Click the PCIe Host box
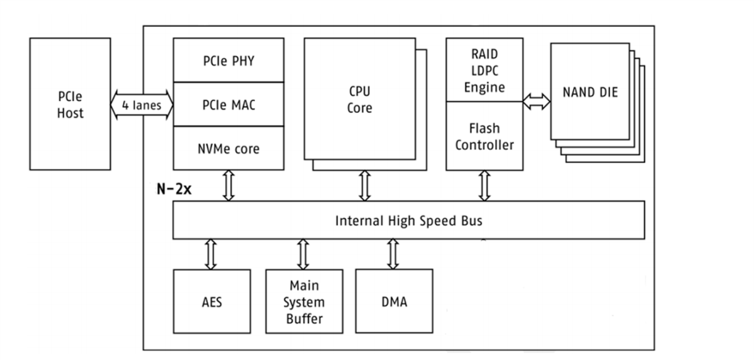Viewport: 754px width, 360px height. coord(70,104)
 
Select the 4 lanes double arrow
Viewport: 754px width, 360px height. coord(141,105)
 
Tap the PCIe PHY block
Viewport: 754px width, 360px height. coord(228,61)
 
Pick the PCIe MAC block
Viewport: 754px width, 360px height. coord(228,104)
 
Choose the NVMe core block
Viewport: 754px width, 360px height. coord(228,148)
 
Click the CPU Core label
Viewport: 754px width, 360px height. coord(359,99)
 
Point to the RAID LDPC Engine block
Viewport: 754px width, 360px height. coord(484,70)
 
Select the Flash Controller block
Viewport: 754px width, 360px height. coord(484,136)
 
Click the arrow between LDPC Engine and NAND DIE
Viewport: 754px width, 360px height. coord(537,101)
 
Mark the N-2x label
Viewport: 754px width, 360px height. coord(174,189)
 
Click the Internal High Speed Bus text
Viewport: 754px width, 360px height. coord(408,221)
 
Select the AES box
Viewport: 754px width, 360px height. coord(211,302)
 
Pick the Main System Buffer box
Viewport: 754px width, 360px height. coord(304,302)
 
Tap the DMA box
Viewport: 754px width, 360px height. coord(394,302)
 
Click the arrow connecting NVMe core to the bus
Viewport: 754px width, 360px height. coord(229,185)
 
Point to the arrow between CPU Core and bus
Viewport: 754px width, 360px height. coord(364,185)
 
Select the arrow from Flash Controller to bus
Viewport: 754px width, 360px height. coord(484,185)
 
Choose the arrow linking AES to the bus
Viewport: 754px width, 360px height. coord(211,254)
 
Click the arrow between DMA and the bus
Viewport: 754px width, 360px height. coord(393,254)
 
